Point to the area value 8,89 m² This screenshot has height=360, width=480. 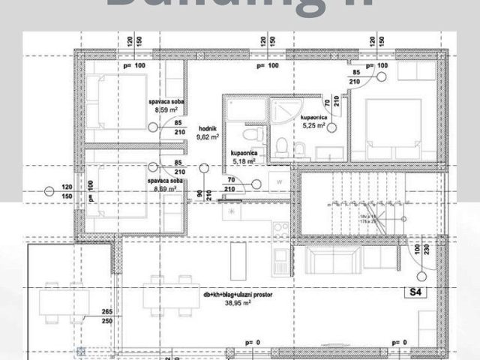[166, 189]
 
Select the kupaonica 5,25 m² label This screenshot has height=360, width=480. [313, 122]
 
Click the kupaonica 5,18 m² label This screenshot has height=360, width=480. [244, 156]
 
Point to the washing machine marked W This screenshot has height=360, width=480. [278, 181]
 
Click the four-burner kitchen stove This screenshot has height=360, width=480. [280, 228]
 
